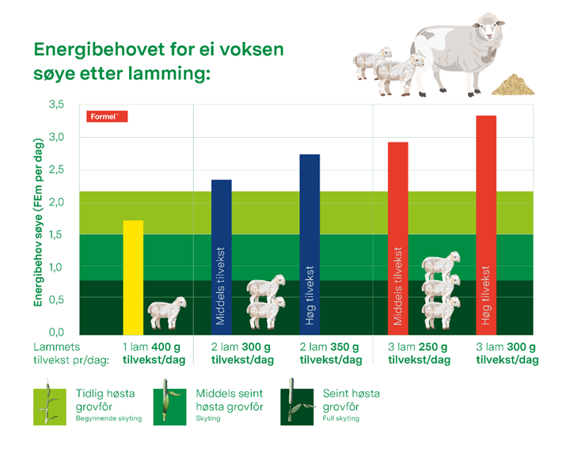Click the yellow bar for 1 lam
134,277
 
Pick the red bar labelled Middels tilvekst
398,237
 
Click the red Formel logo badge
106,116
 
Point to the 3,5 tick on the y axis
56,104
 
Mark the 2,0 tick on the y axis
56,202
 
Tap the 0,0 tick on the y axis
56,332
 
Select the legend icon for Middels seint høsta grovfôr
174,405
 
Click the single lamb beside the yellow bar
166,312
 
